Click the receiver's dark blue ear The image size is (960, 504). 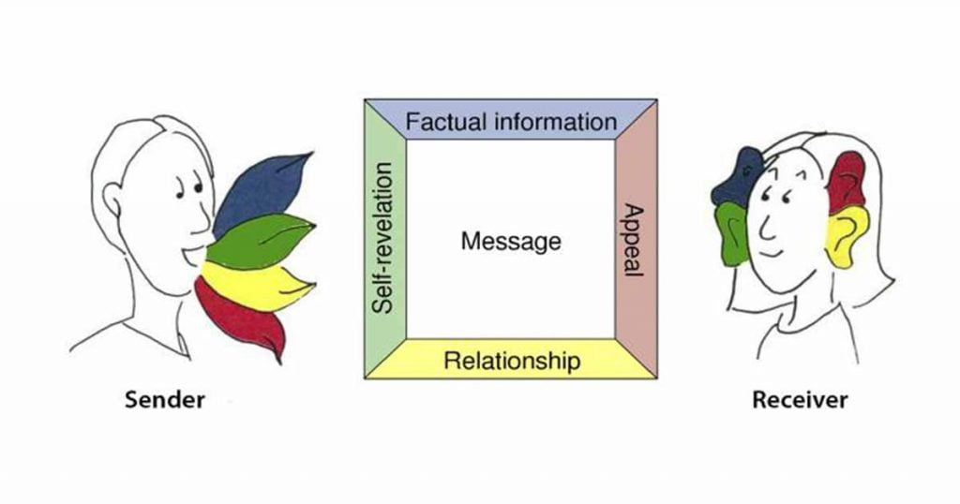[x=736, y=178]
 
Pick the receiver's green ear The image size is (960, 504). [x=731, y=233]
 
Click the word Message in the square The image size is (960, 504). [x=511, y=242]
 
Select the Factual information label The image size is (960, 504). [x=511, y=122]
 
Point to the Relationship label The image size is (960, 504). [x=512, y=360]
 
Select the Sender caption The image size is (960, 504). [x=165, y=401]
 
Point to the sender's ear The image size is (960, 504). [x=113, y=200]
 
